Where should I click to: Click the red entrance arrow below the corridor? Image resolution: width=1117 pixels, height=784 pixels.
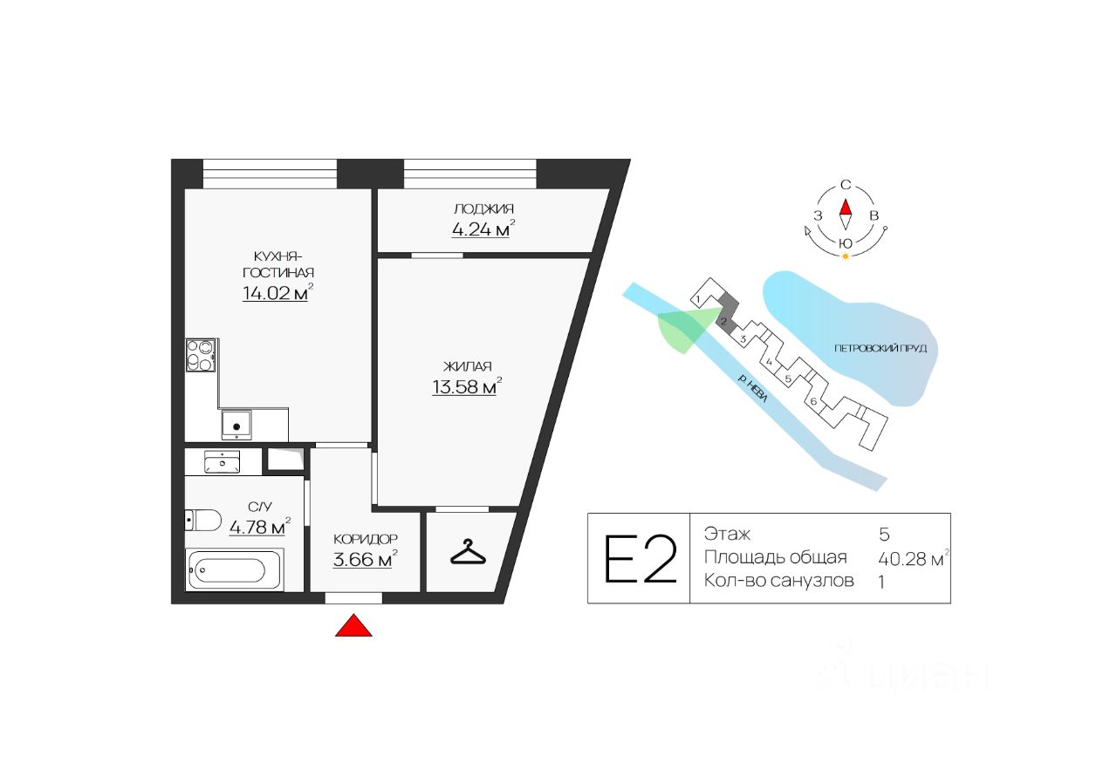pos(353,625)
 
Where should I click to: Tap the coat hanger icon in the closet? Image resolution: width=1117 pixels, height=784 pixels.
pos(467,553)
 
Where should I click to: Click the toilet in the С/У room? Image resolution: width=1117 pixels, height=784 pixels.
pos(203,520)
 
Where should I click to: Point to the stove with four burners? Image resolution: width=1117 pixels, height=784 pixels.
pos(201,355)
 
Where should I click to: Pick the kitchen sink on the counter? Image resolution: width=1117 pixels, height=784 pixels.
pos(236,425)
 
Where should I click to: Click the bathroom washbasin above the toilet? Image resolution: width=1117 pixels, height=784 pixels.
pos(222,461)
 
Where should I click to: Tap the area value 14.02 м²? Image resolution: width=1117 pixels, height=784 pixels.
pos(276,293)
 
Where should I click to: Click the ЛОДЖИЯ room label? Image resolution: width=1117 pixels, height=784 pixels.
pos(483,208)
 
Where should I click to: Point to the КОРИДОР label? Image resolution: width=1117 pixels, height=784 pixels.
pos(366,539)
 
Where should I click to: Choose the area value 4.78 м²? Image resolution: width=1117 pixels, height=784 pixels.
pos(258,527)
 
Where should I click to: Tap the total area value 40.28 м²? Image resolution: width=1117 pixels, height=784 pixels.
pos(912,558)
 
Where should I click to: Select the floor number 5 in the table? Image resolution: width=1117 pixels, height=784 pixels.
pos(884,534)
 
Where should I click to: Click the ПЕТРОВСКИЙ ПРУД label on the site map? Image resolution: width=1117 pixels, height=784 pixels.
pos(879,348)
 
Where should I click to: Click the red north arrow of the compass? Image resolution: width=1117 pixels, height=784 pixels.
pos(845,208)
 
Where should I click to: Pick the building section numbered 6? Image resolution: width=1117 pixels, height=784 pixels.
pos(813,401)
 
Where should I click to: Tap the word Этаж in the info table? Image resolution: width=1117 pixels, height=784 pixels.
pos(727,534)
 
